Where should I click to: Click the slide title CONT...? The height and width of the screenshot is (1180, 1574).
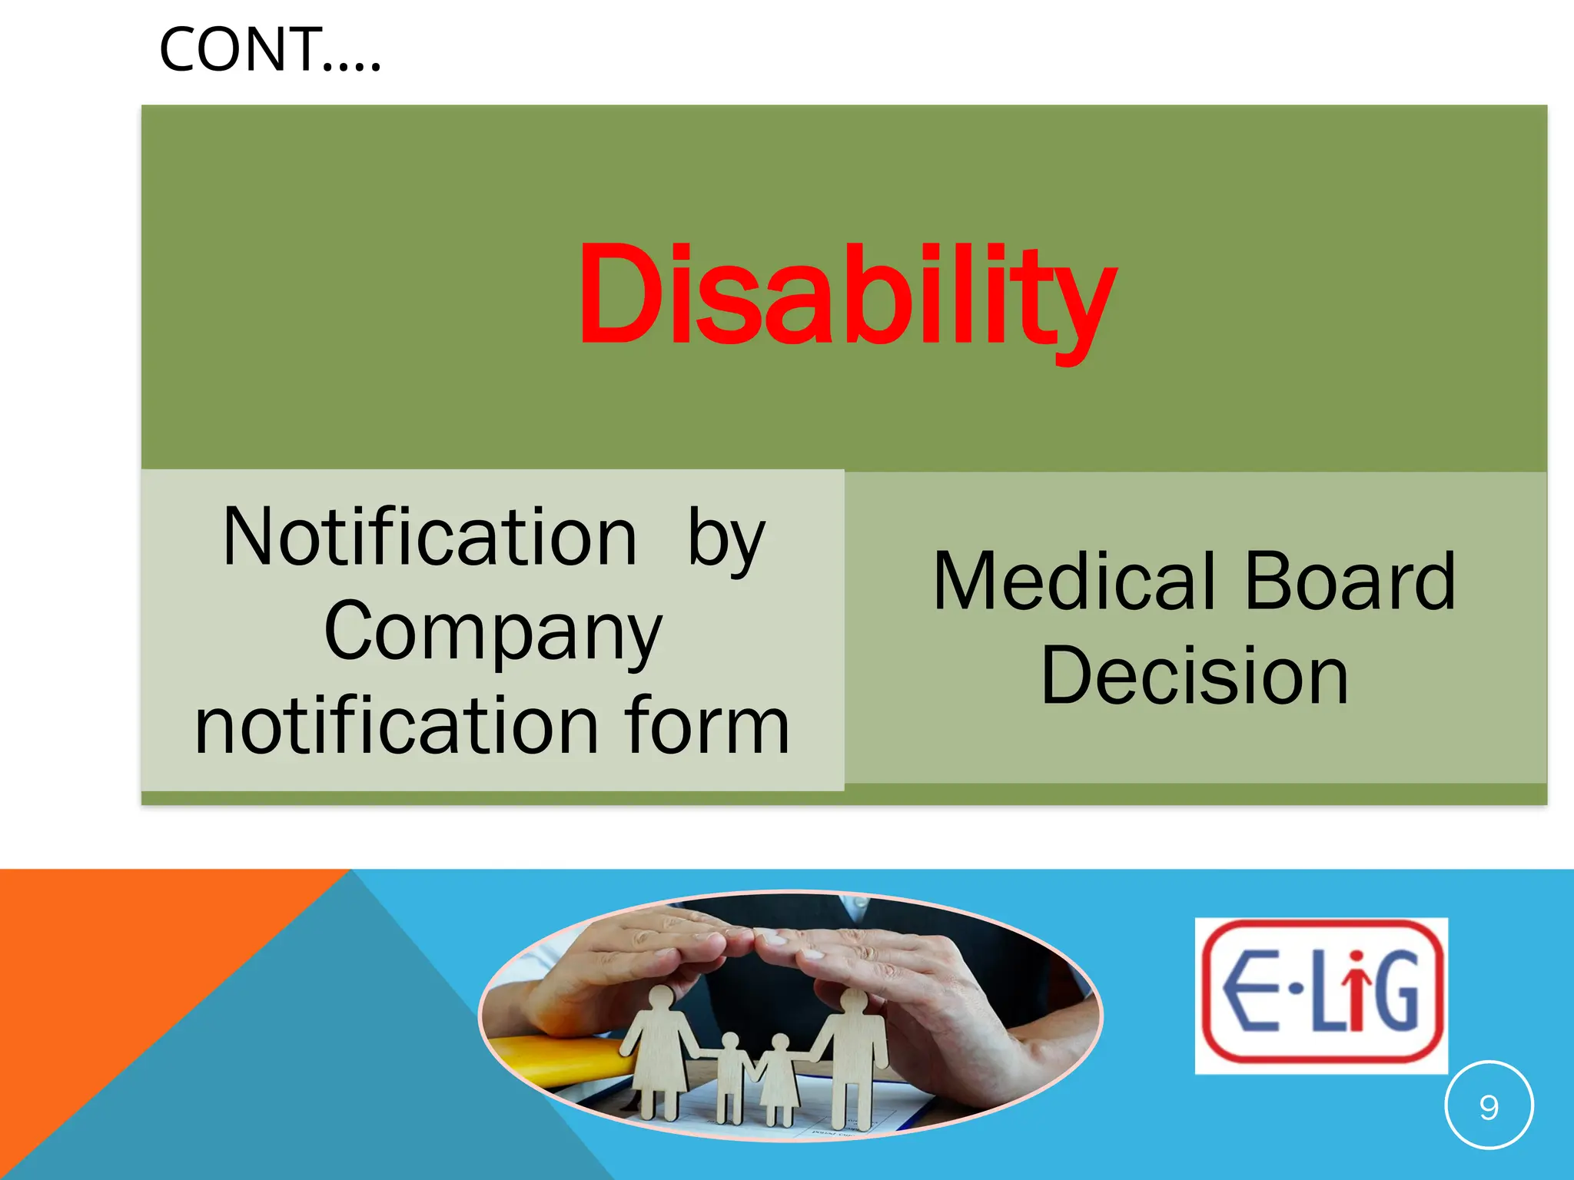coord(269,50)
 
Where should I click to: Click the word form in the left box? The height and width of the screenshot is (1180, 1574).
coord(707,726)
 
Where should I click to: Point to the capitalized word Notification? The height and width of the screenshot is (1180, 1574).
coord(430,538)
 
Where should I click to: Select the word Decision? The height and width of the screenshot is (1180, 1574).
coord(1194,676)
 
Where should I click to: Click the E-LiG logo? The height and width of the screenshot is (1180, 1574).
coord(1321,995)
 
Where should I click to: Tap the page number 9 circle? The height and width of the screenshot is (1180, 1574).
coord(1489,1107)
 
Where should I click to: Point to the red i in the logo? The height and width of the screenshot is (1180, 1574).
coord(1357,991)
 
